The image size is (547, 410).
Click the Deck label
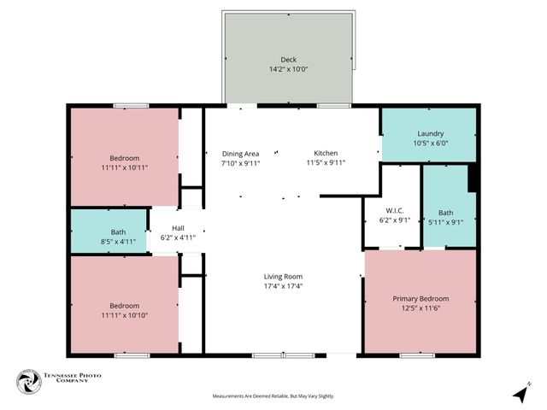(288, 60)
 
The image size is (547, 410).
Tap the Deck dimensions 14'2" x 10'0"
(288, 69)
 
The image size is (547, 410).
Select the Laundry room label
(430, 134)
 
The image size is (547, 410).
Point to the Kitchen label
(325, 153)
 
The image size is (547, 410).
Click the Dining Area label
(239, 153)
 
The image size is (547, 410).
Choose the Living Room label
(283, 276)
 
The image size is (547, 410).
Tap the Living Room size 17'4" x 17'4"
(283, 286)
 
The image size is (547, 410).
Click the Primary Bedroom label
(421, 298)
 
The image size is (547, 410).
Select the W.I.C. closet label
(394, 210)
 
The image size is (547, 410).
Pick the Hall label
(178, 228)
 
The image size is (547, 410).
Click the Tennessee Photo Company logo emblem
(29, 383)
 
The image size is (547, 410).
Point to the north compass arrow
(519, 393)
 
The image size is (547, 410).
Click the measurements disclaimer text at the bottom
(273, 396)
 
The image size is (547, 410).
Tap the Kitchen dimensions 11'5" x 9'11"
(325, 162)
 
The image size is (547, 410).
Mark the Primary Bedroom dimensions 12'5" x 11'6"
(421, 308)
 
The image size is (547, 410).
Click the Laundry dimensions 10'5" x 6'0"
(430, 144)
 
